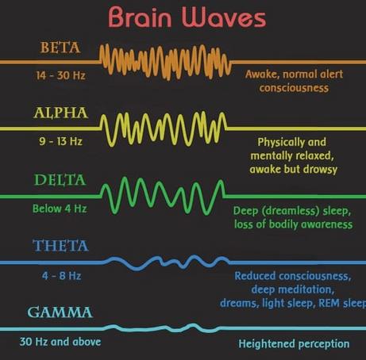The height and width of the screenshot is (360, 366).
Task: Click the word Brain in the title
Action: pyautogui.click(x=140, y=17)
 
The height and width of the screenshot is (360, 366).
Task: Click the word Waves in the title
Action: pyautogui.click(x=224, y=18)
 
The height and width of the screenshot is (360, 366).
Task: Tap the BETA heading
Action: pyautogui.click(x=60, y=48)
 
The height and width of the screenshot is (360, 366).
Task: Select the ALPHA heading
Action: pyautogui.click(x=61, y=113)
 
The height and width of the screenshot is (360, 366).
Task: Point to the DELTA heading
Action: pyautogui.click(x=60, y=180)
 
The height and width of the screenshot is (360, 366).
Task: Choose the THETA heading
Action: pyautogui.click(x=60, y=246)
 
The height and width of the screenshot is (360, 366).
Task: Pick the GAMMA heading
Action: pyautogui.click(x=60, y=312)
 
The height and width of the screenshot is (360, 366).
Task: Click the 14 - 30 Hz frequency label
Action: pyautogui.click(x=61, y=75)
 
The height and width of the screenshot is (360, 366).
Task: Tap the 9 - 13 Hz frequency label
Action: pyautogui.click(x=61, y=141)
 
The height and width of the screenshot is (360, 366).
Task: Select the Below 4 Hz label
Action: pyautogui.click(x=60, y=209)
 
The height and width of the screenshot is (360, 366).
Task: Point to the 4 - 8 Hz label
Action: pyautogui.click(x=61, y=276)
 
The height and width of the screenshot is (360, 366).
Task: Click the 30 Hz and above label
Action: pyautogui.click(x=60, y=342)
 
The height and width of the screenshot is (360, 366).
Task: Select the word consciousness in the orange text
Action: pyautogui.click(x=294, y=88)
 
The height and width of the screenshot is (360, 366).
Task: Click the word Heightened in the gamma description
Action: pyautogui.click(x=267, y=344)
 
